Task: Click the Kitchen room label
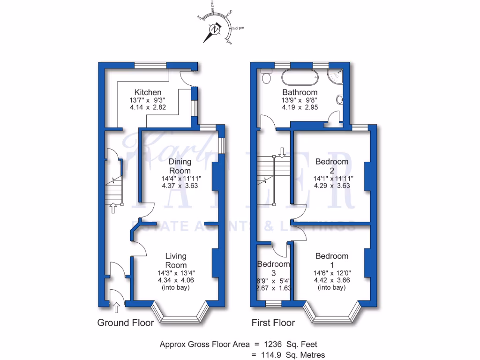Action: pyautogui.click(x=148, y=92)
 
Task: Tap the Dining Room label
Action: pyautogui.click(x=180, y=166)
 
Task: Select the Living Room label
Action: pyautogui.click(x=176, y=260)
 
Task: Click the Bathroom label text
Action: pyautogui.click(x=300, y=92)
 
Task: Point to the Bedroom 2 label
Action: pyautogui.click(x=332, y=166)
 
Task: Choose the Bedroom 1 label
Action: pyautogui.click(x=332, y=260)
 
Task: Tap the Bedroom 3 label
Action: pyautogui.click(x=273, y=268)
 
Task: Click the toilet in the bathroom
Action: pyautogui.click(x=267, y=78)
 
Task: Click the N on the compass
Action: pyautogui.click(x=215, y=30)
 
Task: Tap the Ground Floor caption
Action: pyautogui.click(x=125, y=322)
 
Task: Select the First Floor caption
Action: pyautogui.click(x=273, y=322)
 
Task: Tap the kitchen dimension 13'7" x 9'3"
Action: pyautogui.click(x=148, y=100)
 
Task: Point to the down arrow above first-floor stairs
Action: pyautogui.click(x=281, y=152)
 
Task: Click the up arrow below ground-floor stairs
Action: pyautogui.click(x=112, y=208)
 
